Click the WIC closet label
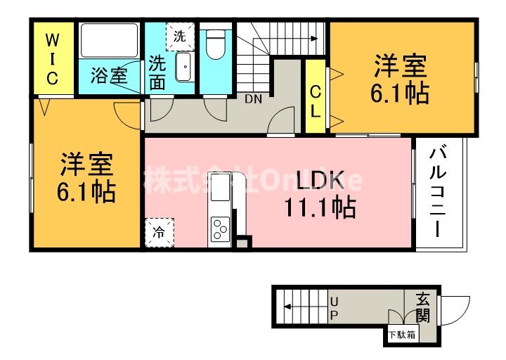52,58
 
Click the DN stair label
253,99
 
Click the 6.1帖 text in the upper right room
400,93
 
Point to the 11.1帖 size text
319,207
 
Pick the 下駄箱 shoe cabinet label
401,335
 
